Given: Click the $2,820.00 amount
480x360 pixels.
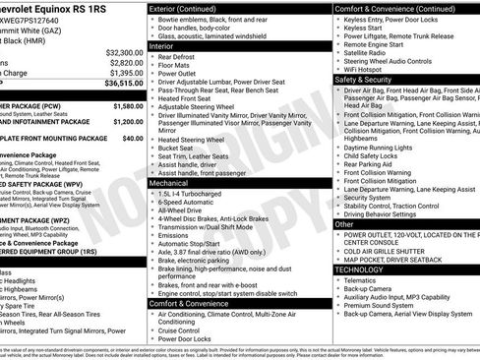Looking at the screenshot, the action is tap(125, 62).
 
